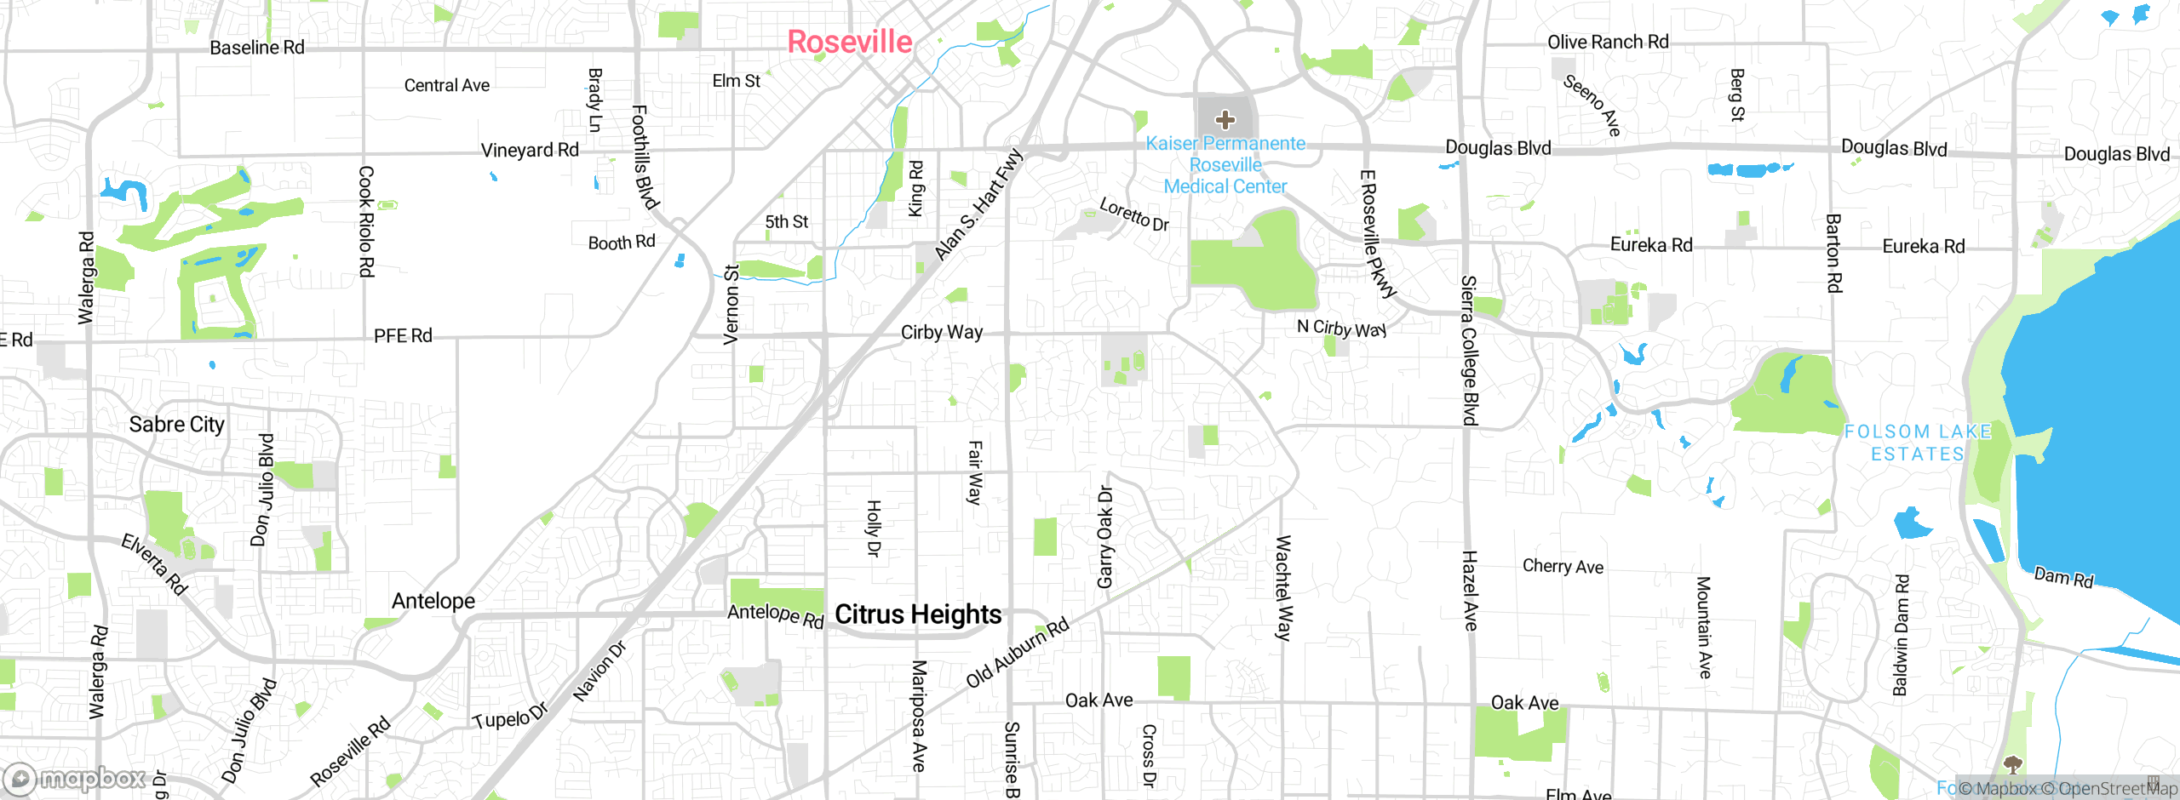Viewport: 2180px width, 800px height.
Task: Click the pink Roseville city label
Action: pos(849,42)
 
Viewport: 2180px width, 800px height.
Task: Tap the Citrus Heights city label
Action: pos(918,614)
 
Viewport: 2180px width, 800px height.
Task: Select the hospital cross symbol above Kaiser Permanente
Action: pos(1225,120)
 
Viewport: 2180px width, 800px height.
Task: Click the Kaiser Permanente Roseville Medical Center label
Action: pos(1225,165)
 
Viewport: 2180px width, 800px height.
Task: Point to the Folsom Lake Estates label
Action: pos(1918,443)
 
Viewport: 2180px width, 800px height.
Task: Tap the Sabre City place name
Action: pos(176,424)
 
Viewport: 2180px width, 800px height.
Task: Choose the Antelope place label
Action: pos(433,601)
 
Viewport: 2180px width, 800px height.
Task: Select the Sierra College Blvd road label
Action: pos(1469,350)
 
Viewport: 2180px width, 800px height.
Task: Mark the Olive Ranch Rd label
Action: pos(1607,42)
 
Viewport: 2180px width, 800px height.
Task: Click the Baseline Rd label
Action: pos(256,48)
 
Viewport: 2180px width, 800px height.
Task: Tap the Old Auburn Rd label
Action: pos(1017,653)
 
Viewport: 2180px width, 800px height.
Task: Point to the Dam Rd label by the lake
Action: pos(2062,577)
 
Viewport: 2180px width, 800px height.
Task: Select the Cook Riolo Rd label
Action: pos(365,221)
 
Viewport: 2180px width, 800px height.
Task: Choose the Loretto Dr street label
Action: pos(1133,214)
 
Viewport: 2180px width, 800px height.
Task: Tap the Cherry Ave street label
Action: pos(1563,566)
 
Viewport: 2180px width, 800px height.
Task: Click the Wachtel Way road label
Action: pos(1283,587)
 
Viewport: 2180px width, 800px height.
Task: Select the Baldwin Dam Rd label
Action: pos(1901,635)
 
